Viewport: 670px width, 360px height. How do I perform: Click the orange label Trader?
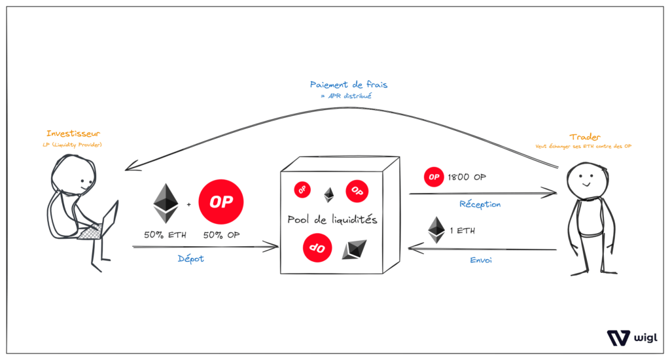click(x=582, y=137)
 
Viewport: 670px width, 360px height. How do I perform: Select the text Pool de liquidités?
click(x=332, y=220)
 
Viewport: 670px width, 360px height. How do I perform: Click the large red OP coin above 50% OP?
click(x=221, y=202)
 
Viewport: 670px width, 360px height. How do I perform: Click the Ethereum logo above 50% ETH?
click(x=166, y=203)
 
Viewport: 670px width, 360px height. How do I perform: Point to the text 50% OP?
click(x=221, y=234)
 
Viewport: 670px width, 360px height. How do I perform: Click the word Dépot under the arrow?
click(x=191, y=259)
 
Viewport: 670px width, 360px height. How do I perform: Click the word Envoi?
click(x=482, y=260)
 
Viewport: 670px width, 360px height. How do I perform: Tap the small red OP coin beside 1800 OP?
click(x=433, y=177)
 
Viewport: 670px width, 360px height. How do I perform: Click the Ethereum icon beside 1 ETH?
click(x=436, y=230)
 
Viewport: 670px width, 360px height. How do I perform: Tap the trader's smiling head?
click(x=582, y=180)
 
